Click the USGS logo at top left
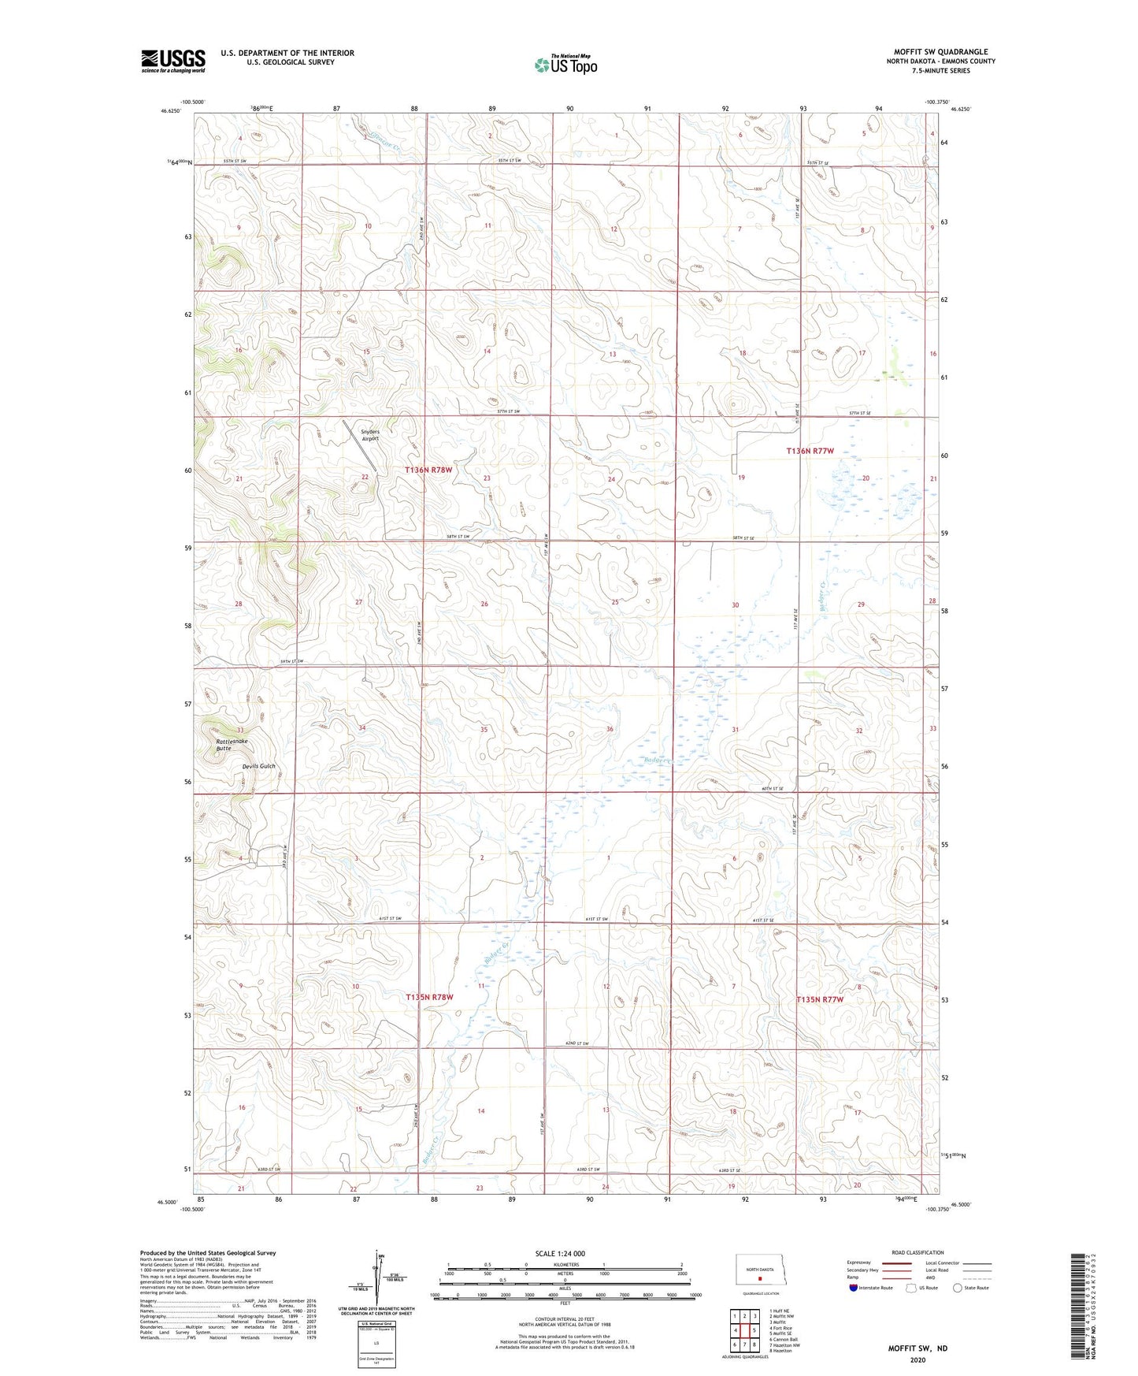(x=172, y=61)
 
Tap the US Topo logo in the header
(x=565, y=65)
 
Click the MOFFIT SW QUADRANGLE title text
(x=940, y=52)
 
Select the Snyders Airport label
(x=370, y=435)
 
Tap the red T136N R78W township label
(x=429, y=470)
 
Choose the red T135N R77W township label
(x=820, y=999)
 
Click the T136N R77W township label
(x=810, y=451)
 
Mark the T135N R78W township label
(x=429, y=997)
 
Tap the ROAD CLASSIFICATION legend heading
(x=917, y=1252)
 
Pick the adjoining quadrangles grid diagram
(x=744, y=1330)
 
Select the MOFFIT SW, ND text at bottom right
(x=917, y=1348)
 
